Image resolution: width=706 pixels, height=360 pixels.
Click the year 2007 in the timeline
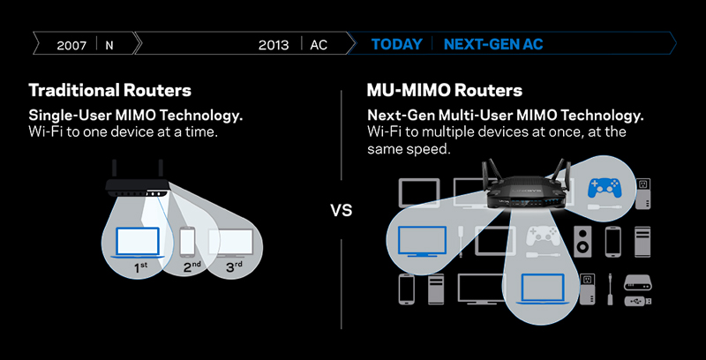tap(71, 45)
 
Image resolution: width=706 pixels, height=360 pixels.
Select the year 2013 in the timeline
tap(274, 45)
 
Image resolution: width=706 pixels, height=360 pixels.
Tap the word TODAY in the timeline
tap(396, 44)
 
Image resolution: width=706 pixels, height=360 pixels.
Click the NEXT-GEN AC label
tap(493, 44)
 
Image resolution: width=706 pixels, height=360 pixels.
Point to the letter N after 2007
tap(109, 45)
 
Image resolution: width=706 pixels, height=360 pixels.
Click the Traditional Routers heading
tap(109, 90)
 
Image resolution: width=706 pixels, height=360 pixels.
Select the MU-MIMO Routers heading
tap(445, 91)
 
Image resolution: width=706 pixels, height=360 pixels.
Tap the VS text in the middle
tap(342, 210)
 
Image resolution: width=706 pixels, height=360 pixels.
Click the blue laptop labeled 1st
tap(138, 243)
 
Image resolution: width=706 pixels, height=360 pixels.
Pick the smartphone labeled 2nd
tap(187, 242)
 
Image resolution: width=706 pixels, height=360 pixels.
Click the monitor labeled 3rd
tap(230, 243)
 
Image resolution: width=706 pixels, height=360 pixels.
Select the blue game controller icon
tap(604, 189)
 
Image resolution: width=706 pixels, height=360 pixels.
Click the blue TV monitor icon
tap(423, 242)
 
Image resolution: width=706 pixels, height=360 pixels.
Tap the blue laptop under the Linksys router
tap(543, 289)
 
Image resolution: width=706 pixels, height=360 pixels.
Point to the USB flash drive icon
tap(637, 301)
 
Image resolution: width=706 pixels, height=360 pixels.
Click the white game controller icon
tap(544, 236)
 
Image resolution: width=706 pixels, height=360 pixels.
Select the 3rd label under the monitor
tap(234, 267)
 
